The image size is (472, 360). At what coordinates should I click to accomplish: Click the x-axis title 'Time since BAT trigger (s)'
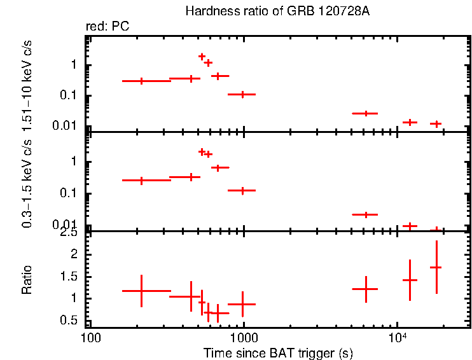pos(278,352)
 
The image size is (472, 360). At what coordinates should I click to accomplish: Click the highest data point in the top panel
pos(202,57)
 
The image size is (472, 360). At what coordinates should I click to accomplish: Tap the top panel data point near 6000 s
pos(366,113)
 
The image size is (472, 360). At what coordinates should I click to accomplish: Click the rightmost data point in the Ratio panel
pos(436,267)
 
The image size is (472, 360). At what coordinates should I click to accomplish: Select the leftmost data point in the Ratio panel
pos(141,291)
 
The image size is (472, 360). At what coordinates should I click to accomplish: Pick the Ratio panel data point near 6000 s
pos(366,289)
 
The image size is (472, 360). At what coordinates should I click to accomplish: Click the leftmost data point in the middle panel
pos(141,180)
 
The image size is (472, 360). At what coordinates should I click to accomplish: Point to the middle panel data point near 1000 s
pos(242,190)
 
